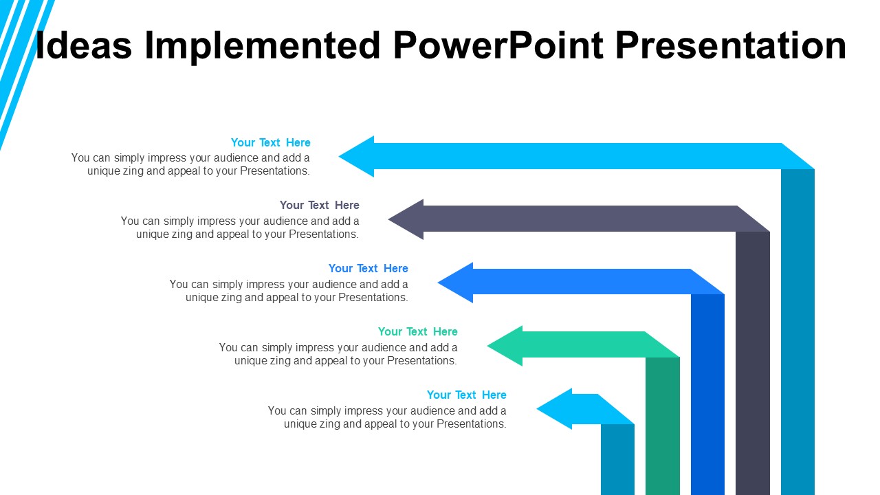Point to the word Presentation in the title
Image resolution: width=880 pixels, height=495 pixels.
pos(730,45)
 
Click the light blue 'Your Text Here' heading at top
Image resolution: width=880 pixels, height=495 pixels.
pos(270,142)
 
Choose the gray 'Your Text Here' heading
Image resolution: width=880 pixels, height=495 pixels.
pos(319,205)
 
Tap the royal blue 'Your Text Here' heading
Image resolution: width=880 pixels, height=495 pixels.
pos(368,268)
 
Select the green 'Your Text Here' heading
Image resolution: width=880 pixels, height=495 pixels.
pos(417,331)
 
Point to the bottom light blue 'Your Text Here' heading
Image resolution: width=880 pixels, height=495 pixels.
pos(466,395)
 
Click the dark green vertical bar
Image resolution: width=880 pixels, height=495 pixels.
pos(662,426)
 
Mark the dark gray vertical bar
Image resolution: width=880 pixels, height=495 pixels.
pos(752,364)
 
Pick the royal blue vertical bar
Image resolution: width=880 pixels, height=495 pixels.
pos(707,395)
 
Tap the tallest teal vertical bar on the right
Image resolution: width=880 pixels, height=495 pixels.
pos(797,330)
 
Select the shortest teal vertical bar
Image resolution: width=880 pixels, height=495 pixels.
pos(617,459)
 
